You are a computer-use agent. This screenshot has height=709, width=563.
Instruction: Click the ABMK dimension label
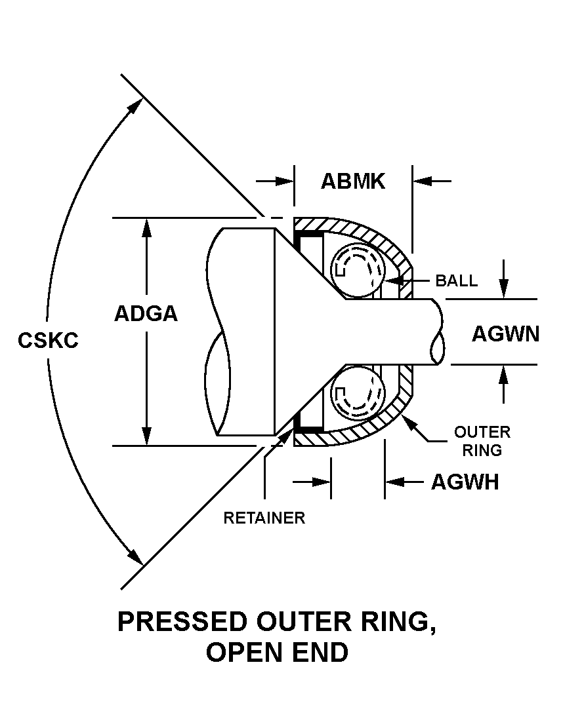coord(352,181)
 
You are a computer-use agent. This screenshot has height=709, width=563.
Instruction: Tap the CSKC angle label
coord(49,341)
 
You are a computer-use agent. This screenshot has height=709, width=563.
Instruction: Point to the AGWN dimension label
coord(505,334)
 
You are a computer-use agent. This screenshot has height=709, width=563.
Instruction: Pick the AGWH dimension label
coord(465,482)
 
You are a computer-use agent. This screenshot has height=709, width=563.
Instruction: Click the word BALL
coord(457,281)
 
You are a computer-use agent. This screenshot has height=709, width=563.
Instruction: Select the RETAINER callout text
coord(264,518)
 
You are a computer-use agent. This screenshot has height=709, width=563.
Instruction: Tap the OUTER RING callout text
coord(482,441)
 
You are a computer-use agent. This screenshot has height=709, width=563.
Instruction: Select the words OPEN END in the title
coord(277,653)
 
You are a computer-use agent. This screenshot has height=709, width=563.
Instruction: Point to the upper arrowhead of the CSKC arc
coord(136,105)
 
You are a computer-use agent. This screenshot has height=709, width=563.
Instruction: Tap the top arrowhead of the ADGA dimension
coord(146,227)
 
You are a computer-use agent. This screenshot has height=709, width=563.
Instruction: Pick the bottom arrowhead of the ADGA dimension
coord(146,436)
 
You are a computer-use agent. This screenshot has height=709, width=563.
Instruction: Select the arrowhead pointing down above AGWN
coord(503,289)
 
